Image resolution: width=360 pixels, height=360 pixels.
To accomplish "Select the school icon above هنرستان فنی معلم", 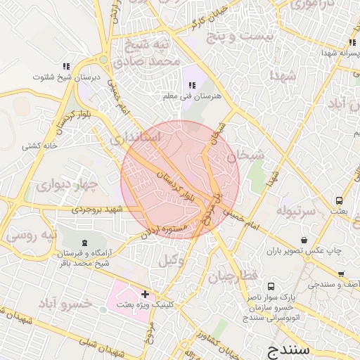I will pyautogui.click(x=192, y=85).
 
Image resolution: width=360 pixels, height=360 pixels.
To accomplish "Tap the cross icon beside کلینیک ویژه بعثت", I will pyautogui.click(x=145, y=294).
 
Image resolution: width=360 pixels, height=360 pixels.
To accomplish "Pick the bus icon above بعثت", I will pyautogui.click(x=340, y=200).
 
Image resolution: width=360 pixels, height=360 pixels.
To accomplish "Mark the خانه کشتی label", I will pyautogui.click(x=40, y=146).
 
